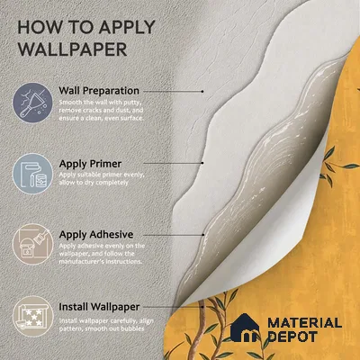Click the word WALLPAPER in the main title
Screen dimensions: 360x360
tap(73, 49)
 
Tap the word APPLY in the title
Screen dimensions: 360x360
tap(127, 27)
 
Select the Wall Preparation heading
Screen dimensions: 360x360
tap(99, 91)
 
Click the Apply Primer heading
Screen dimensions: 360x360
tap(90, 164)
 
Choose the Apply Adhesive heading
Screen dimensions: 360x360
tap(96, 234)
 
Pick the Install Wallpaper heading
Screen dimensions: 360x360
tap(99, 307)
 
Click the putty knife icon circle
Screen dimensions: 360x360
tap(32, 103)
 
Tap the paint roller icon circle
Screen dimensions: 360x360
tap(32, 174)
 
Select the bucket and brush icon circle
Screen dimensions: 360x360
tap(32, 244)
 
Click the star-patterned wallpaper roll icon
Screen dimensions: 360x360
tap(32, 316)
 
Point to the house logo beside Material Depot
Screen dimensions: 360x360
tap(245, 328)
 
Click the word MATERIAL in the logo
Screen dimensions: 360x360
tap(304, 323)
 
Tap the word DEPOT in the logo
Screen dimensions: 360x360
tap(292, 337)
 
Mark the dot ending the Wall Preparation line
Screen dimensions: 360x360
tap(202, 91)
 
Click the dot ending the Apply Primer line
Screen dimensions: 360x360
tap(202, 163)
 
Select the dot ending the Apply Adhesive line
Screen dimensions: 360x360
tap(203, 235)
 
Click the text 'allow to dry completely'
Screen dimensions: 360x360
tap(94, 183)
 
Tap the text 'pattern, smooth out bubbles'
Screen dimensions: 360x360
tap(102, 328)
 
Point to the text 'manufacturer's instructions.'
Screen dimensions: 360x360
tap(100, 261)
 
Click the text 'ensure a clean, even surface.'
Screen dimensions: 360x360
tap(101, 118)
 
